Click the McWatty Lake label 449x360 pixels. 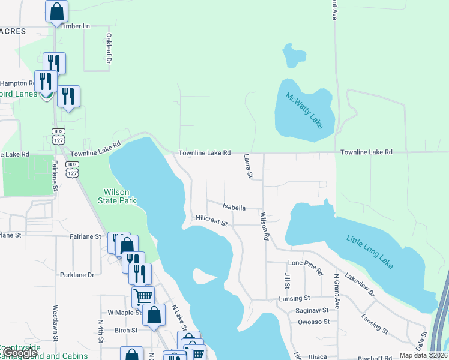304,110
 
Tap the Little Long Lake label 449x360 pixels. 369,248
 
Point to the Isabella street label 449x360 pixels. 234,208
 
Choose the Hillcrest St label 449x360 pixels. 211,223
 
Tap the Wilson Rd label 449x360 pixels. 264,226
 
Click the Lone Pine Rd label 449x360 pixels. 306,263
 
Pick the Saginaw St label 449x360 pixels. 312,310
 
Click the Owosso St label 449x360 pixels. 313,322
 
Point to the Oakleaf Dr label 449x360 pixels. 109,48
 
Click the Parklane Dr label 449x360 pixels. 77,275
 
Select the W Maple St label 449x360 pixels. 123,313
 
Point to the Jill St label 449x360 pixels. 286,280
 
